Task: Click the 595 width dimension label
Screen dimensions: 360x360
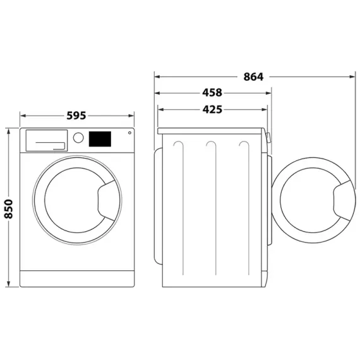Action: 76,116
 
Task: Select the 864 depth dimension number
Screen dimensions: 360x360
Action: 253,77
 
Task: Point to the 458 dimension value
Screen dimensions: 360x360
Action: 212,93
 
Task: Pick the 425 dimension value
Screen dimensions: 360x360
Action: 212,109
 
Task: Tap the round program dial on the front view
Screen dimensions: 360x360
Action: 78,137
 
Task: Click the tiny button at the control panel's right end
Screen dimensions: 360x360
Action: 129,133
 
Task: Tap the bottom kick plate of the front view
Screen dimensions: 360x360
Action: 77,278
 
